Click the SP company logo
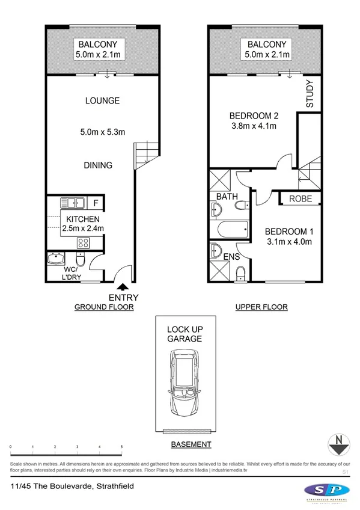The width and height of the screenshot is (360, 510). pyautogui.click(x=325, y=491)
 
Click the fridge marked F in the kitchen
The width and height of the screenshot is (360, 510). pyautogui.click(x=95, y=203)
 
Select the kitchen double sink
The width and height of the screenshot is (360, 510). pyautogui.click(x=73, y=203)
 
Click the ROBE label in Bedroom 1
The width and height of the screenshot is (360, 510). pyautogui.click(x=301, y=198)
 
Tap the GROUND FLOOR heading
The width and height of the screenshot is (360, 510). pyautogui.click(x=103, y=307)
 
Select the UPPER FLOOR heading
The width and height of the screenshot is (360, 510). pyautogui.click(x=261, y=307)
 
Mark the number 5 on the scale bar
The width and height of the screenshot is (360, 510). pyautogui.click(x=122, y=447)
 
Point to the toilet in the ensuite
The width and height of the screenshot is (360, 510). pyautogui.click(x=240, y=274)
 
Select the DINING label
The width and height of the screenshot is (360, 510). pyautogui.click(x=98, y=165)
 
